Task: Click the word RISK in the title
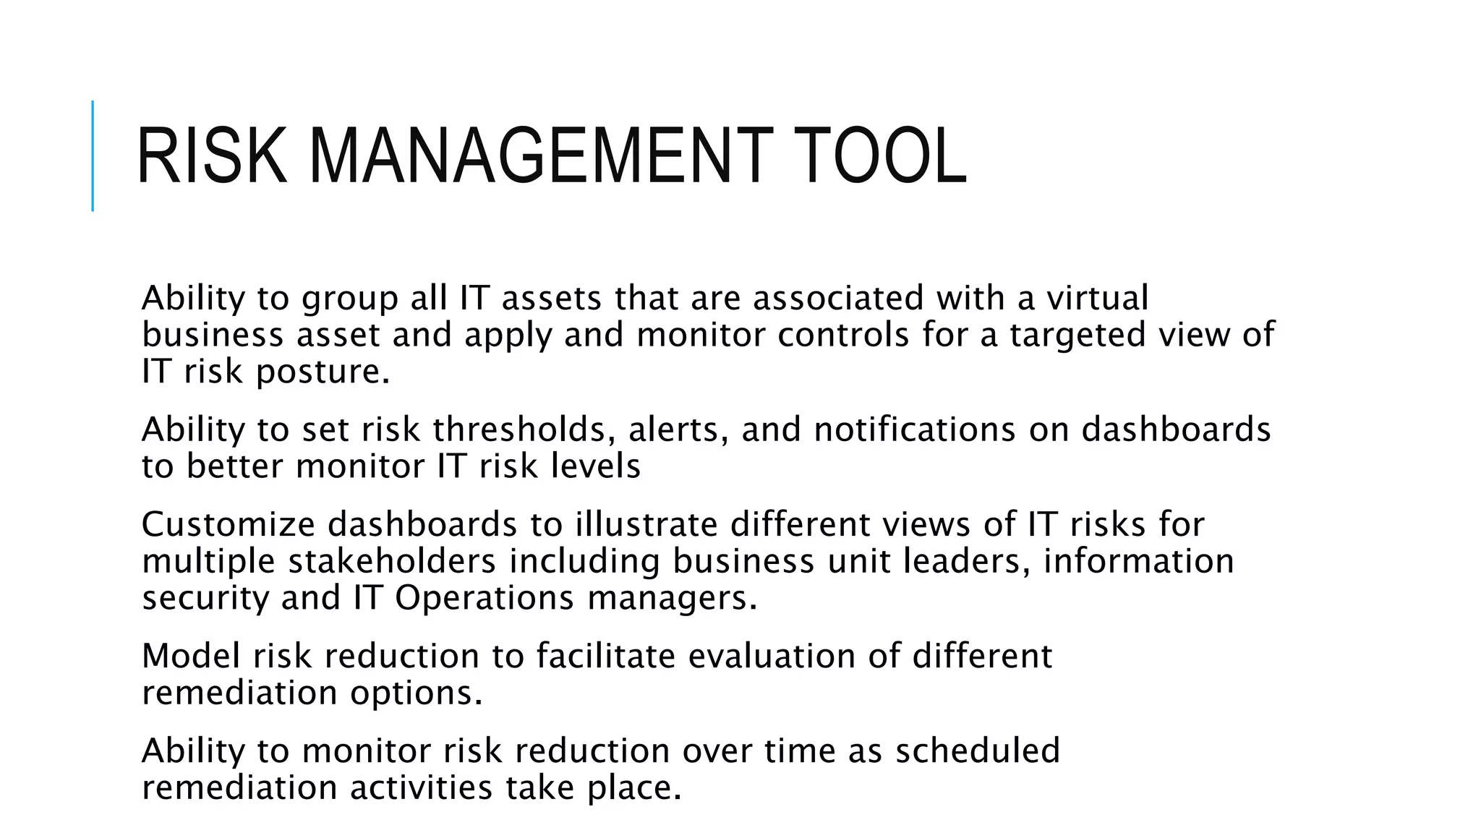pyautogui.click(x=211, y=157)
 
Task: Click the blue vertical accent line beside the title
pyautogui.click(x=93, y=155)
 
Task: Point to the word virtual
pyautogui.click(x=1097, y=298)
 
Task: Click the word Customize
pyautogui.click(x=228, y=524)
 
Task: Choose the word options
pyautogui.click(x=416, y=693)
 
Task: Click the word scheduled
pyautogui.click(x=977, y=751)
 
